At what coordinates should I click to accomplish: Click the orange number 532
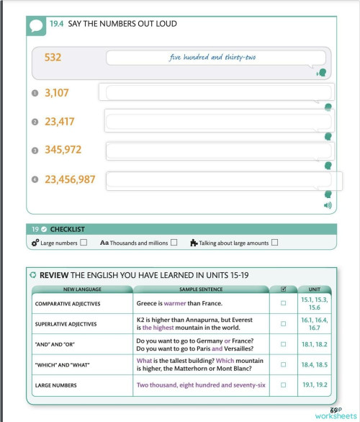click(53, 57)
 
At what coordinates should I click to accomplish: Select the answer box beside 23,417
click(219, 121)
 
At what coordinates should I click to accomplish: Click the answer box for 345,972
click(219, 150)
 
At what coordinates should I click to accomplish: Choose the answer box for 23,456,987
click(219, 179)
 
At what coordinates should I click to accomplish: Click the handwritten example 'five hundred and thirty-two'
click(212, 58)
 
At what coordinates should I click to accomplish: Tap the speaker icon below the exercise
click(328, 205)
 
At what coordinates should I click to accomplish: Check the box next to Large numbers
click(84, 243)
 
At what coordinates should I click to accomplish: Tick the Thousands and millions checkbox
click(174, 243)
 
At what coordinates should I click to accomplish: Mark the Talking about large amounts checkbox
click(274, 243)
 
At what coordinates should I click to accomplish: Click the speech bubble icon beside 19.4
click(37, 26)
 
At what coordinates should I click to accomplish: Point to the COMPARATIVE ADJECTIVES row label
click(68, 304)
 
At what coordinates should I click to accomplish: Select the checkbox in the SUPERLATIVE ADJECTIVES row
click(283, 323)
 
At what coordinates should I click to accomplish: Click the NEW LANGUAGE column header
click(82, 289)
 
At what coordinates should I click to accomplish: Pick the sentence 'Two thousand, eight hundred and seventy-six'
click(201, 385)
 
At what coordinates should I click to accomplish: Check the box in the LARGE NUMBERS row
click(283, 385)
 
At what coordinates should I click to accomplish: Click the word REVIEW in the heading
click(54, 275)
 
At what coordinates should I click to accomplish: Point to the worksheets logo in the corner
click(334, 413)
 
